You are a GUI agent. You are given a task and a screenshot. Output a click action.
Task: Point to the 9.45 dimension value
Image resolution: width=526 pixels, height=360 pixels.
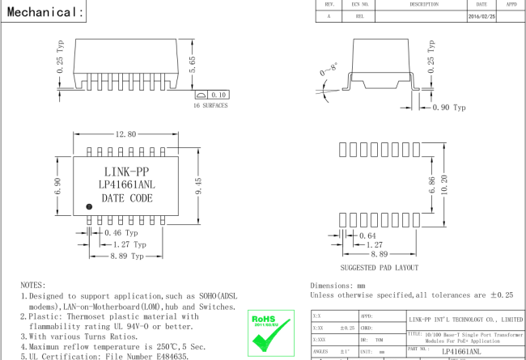point(197,186)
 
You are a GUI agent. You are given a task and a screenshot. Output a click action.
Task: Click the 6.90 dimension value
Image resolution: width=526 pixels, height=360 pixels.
point(57,187)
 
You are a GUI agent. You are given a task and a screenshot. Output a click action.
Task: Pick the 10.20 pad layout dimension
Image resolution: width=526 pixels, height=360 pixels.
point(443,185)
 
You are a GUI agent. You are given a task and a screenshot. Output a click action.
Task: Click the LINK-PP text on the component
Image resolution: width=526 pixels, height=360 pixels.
point(126,172)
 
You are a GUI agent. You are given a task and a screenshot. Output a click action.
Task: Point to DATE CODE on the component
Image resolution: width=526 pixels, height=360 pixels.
point(126,197)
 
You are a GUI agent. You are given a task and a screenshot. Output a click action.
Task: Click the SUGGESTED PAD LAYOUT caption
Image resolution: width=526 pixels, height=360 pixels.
point(380,267)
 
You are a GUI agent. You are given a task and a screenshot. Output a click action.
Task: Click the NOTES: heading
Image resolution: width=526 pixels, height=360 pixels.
point(33,286)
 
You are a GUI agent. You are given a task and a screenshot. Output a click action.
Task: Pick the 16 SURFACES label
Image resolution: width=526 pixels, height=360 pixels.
point(210,105)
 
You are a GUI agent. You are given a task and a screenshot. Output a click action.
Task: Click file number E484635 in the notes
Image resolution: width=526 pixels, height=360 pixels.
point(167,356)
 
